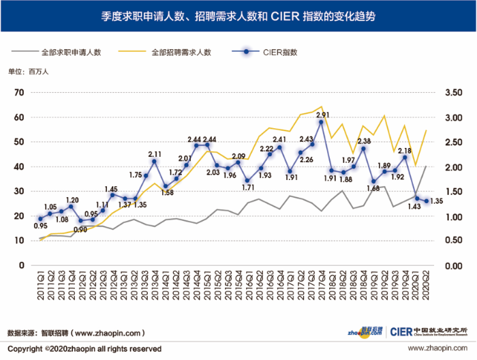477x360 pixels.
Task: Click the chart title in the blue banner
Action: point(238,16)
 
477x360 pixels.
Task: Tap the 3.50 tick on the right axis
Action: point(452,93)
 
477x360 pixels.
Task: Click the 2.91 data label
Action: point(323,115)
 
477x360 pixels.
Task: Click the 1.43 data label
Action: point(412,206)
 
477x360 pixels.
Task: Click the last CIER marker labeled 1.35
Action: point(427,201)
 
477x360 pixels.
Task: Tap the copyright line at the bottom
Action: point(84,348)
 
